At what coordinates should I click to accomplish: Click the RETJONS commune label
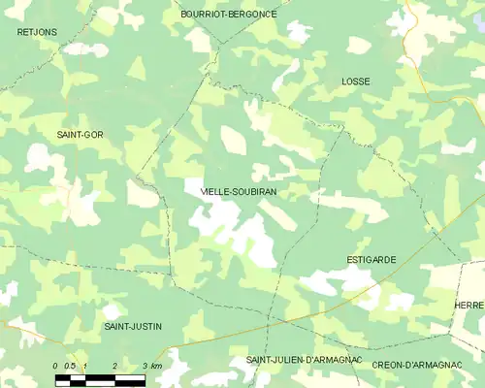37,32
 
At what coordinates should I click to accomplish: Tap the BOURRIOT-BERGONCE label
229,15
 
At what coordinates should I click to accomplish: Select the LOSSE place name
356,82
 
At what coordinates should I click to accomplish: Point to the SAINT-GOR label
80,134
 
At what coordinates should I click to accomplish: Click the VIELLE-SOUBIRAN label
238,192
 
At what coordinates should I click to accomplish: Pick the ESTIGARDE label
372,260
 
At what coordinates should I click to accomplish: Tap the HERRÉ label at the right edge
469,305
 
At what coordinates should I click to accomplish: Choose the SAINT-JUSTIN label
133,326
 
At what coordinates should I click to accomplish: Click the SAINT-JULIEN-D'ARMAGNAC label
304,361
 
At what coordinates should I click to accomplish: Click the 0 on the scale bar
55,365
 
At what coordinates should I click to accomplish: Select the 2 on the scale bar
115,365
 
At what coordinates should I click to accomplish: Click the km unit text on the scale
156,365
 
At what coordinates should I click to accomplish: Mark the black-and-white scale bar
100,379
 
